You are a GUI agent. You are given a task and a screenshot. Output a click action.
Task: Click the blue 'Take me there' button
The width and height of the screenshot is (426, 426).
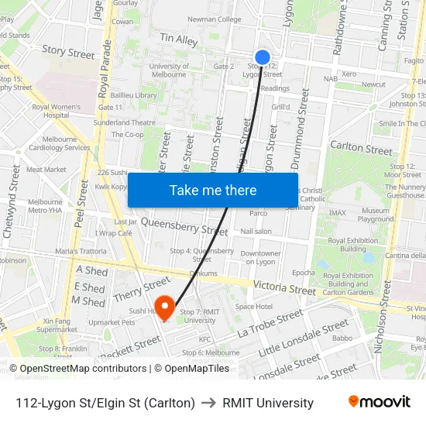tap(213, 190)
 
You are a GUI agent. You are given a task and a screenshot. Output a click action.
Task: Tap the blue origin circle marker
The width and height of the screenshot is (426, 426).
tap(263, 57)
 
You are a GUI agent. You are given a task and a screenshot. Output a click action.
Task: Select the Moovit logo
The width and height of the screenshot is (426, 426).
tap(379, 402)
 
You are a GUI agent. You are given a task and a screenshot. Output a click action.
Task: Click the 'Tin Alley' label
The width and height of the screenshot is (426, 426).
tap(178, 38)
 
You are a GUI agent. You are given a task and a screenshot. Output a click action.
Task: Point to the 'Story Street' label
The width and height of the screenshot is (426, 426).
tap(68, 52)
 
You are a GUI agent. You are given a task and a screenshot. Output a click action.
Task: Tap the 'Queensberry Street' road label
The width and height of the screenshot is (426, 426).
tap(184, 228)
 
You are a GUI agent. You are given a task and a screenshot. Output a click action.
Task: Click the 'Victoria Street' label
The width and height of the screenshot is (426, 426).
tap(284, 289)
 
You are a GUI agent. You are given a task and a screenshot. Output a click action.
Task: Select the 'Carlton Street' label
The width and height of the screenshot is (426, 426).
tap(361, 148)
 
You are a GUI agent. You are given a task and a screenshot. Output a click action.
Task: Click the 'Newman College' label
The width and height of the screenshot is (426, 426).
tap(215, 19)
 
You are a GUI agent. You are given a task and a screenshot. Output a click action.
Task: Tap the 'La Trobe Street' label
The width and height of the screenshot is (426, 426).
tap(270, 323)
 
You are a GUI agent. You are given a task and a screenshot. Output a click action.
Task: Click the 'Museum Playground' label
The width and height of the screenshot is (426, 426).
tap(376, 215)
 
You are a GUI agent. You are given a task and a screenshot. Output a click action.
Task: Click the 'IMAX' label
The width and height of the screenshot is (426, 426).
tap(338, 212)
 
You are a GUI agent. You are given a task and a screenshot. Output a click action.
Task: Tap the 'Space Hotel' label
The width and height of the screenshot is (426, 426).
tap(254, 307)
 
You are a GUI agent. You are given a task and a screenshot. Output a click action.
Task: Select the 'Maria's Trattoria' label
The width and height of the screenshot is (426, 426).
tap(81, 251)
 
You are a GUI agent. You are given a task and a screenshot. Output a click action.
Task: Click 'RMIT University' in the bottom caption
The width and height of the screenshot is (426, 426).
tap(268, 403)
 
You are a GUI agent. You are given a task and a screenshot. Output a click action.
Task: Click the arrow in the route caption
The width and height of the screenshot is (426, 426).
tap(208, 403)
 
